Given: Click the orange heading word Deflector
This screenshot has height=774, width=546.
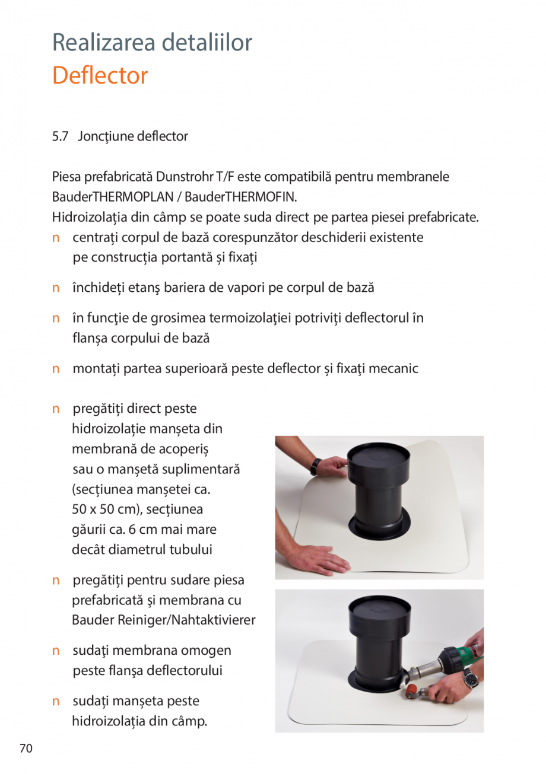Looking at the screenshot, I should point(100,76).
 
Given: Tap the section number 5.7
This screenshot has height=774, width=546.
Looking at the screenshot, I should point(60,136).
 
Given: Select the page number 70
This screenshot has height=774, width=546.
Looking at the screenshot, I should point(26,748).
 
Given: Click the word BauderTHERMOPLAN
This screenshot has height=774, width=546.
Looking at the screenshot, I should point(104,196).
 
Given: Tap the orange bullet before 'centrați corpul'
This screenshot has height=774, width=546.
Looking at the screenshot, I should point(56,238).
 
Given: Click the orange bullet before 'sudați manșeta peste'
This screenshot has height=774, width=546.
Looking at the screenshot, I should point(56,702).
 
